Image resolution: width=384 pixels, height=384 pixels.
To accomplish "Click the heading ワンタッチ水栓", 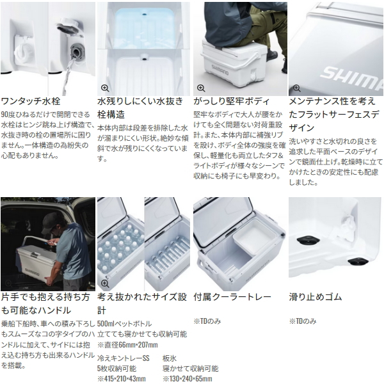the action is pos(31,101).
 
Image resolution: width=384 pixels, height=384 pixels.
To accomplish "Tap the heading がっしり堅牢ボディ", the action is pos(232,101).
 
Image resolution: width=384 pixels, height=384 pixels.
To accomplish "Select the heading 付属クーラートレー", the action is pos(232,297).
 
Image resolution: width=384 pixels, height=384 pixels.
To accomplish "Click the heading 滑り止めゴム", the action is pos(315,297).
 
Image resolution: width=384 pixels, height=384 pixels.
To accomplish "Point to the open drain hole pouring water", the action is pos(77,51).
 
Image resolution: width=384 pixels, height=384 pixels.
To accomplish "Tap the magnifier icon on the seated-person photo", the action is pos(201,88).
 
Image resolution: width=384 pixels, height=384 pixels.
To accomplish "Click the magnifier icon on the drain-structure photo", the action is pos(105,88).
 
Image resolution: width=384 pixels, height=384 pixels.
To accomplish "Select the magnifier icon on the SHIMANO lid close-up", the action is pos(296,88).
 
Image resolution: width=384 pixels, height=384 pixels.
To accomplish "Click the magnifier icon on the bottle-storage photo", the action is pos(105,284).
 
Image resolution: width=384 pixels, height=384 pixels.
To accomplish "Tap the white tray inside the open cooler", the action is pos(255,238).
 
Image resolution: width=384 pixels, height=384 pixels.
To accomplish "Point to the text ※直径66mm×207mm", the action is pos(127,345).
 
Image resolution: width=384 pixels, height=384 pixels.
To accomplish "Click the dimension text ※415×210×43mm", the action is pos(122,379).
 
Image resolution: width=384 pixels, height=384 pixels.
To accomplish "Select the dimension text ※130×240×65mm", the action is pos(188,379).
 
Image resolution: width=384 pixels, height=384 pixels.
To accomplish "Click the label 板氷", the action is pos(170,358).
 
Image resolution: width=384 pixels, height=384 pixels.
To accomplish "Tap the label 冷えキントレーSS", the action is pos(124,358).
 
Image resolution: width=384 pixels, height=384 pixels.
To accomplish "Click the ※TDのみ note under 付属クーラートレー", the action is pos(207,321).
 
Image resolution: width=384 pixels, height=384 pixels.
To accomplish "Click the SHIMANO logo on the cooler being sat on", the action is pos(220,70).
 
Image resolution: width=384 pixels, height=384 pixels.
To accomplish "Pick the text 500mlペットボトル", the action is pos(125,324).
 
